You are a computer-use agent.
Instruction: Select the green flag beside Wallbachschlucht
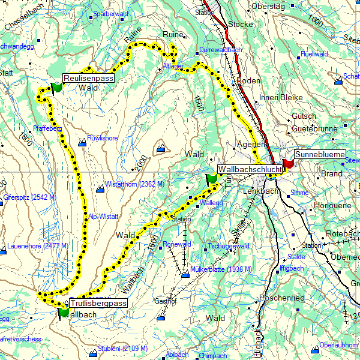coord(211,179)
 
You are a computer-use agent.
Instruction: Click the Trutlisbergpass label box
coord(98,304)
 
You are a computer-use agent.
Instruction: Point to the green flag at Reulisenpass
coord(57,88)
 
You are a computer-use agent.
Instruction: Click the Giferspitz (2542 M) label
coord(29,197)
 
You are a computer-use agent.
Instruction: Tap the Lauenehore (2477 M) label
coord(33,246)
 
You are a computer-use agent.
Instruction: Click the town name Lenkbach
coord(261,191)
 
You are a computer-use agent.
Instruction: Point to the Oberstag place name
coord(268,6)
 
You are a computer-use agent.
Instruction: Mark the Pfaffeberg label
coord(48,128)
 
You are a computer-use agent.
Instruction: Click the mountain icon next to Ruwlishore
coord(82,142)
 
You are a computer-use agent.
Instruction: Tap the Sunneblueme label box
coord(320,154)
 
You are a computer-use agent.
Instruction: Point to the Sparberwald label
coord(112,13)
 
